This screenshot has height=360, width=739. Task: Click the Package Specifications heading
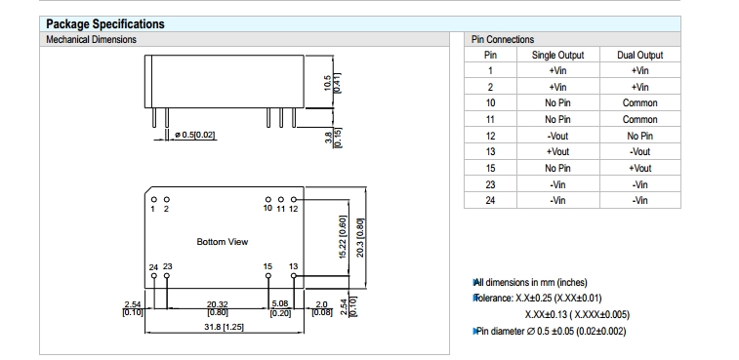click(105, 24)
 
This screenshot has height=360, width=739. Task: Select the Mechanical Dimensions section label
click(91, 40)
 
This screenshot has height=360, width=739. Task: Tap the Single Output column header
click(557, 56)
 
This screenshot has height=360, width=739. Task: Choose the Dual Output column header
click(639, 56)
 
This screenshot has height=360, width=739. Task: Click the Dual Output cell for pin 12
click(639, 136)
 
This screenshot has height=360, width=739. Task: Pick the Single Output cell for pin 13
click(557, 152)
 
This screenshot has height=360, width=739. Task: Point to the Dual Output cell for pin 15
click(639, 168)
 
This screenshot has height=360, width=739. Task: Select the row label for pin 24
click(490, 200)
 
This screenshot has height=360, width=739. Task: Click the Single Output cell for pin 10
click(557, 102)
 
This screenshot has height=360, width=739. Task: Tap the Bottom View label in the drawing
click(222, 242)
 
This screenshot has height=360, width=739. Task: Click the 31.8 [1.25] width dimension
click(224, 327)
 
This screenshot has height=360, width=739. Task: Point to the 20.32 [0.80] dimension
click(218, 308)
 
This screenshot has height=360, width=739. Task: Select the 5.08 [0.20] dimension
click(280, 308)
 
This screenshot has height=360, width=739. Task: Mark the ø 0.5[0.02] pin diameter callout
click(194, 135)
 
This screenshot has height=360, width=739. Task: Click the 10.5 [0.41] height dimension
click(332, 81)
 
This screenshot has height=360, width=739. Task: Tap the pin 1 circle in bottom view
click(153, 200)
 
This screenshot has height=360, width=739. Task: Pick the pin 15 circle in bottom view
click(268, 276)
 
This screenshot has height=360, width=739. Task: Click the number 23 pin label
click(168, 266)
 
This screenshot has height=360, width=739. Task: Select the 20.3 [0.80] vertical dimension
click(360, 237)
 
